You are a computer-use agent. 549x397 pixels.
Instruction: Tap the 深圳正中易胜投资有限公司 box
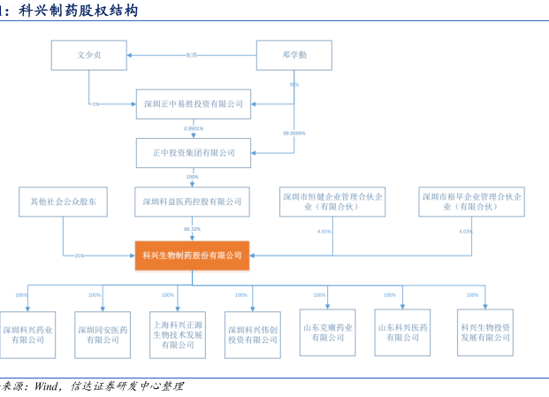192,103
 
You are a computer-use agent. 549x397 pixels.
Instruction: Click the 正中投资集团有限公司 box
192,152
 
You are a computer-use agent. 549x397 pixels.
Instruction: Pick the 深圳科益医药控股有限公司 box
192,202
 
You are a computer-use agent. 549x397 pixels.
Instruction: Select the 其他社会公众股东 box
64,202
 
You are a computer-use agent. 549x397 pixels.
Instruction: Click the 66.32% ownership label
193,229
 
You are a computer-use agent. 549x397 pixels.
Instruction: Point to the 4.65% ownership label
324,231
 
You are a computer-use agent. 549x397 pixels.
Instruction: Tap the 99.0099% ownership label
294,133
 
